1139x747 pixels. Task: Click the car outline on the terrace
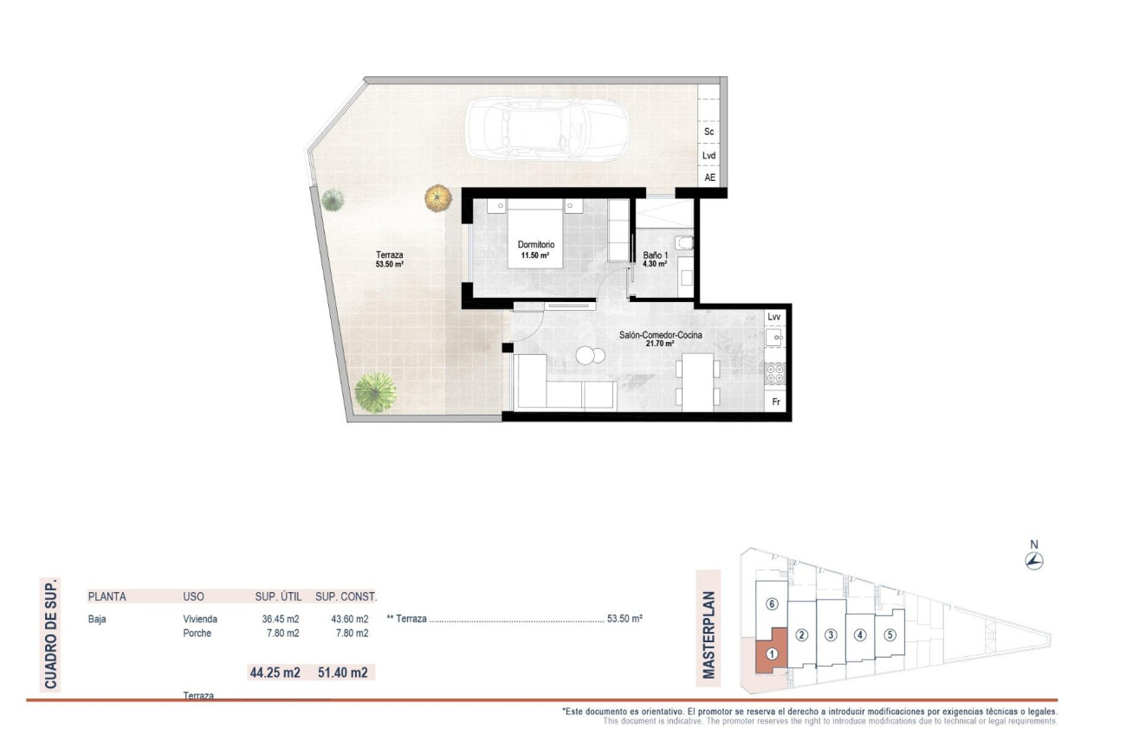tap(547, 132)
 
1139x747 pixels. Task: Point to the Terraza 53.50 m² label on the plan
tap(390, 259)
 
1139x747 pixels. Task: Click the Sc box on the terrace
tap(709, 132)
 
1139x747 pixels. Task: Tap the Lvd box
tap(709, 156)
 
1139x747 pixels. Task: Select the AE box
tap(709, 177)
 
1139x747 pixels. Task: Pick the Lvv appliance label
tap(774, 317)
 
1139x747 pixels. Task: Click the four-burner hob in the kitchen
tap(774, 373)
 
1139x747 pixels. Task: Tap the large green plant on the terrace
tap(375, 391)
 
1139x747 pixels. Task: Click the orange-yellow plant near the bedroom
tap(438, 198)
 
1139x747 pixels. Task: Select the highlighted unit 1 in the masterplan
tap(770, 654)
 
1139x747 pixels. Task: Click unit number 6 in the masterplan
tap(772, 604)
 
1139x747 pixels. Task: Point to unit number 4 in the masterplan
tap(859, 634)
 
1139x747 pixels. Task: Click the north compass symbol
tap(1033, 560)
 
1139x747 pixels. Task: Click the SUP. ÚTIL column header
tap(276, 596)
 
